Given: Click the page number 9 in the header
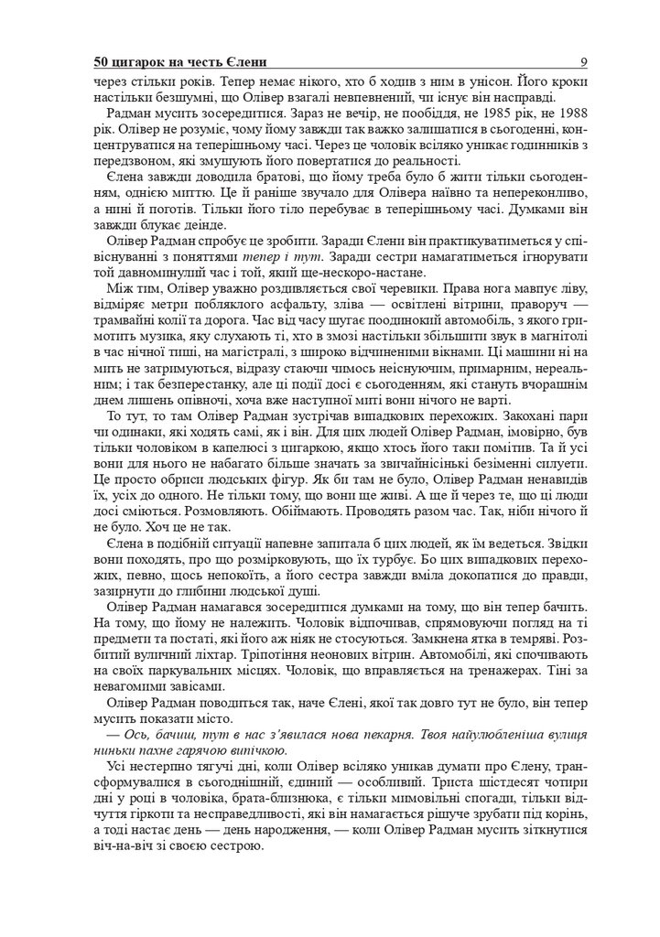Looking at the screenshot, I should tap(583, 62).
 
